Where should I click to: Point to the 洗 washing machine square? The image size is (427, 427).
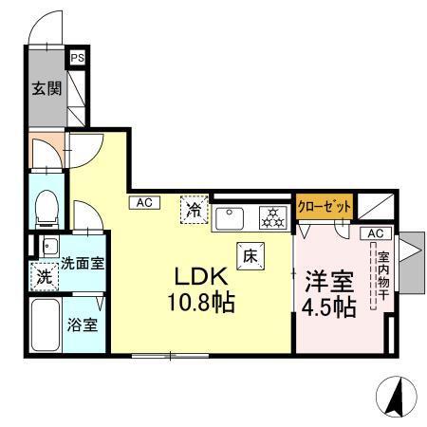(44, 279)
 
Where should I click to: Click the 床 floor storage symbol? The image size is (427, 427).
(251, 255)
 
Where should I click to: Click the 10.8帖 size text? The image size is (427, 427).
(202, 305)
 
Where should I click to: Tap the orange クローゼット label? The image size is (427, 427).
(325, 206)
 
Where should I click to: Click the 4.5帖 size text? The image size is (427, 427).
(330, 306)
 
